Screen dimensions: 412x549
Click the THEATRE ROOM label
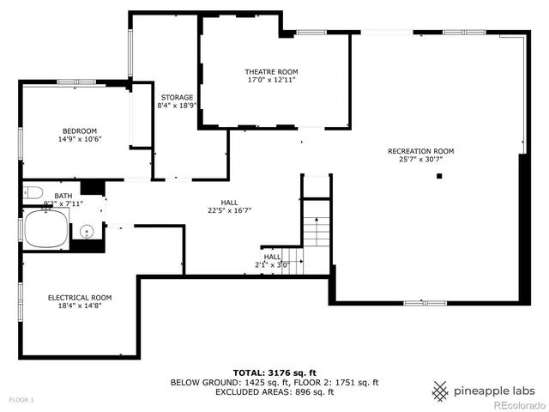pos(271,71)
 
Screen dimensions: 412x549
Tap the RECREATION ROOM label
pos(426,151)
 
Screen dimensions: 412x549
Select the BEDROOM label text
pos(79,130)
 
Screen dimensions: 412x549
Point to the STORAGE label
pos(176,97)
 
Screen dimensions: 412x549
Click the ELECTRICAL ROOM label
pos(79,298)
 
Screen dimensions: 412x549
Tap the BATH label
pos(63,196)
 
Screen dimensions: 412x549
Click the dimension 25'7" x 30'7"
pos(426,160)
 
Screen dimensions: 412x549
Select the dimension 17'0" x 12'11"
pos(271,80)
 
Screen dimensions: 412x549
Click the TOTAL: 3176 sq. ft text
pos(274,373)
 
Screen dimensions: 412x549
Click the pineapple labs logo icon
pos(440,391)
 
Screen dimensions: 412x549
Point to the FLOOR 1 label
pos(21,400)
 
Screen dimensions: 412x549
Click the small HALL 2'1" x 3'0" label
pos(272,260)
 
